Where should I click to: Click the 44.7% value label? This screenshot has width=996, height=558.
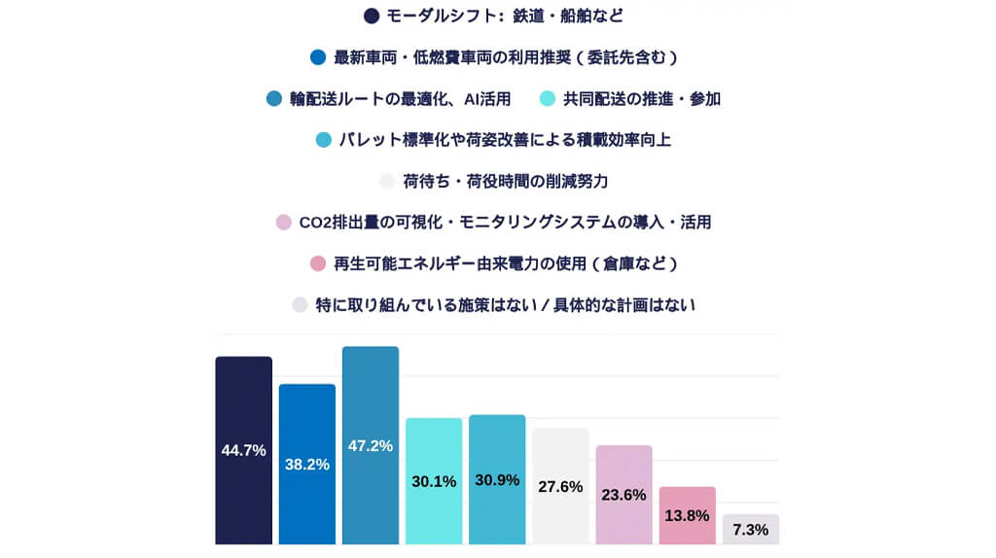click(243, 450)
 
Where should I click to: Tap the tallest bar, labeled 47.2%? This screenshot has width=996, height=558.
click(371, 446)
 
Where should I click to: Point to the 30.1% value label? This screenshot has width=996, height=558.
click(434, 481)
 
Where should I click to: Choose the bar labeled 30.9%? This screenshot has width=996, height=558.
click(497, 480)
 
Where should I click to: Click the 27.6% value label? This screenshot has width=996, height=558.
click(560, 486)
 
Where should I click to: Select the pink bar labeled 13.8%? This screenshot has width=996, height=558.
click(687, 515)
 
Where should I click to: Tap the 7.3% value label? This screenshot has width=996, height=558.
click(751, 530)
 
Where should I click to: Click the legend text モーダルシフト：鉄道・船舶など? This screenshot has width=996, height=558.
click(505, 16)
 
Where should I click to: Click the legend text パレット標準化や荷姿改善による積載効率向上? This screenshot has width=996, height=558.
click(506, 140)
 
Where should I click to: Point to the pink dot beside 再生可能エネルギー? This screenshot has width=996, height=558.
click(317, 263)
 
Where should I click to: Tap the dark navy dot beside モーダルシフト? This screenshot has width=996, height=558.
click(371, 16)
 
